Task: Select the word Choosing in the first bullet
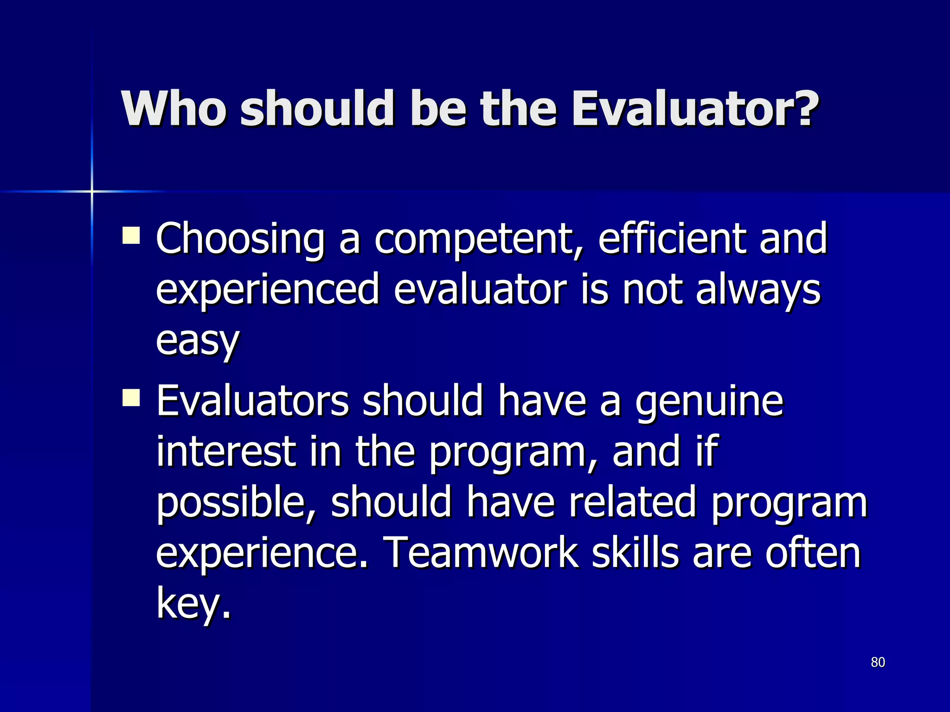240,239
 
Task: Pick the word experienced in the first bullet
268,291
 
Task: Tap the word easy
198,341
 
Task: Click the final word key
192,604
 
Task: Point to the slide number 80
878,662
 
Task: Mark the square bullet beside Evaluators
131,398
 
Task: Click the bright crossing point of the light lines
92,191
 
